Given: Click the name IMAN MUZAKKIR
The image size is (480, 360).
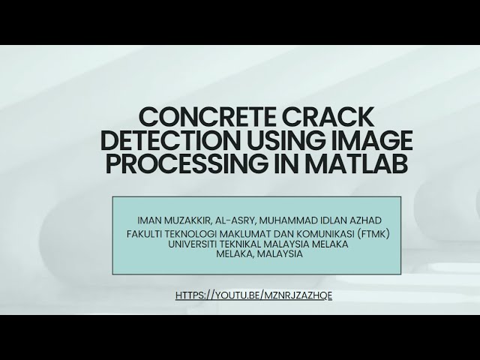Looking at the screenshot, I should [x=172, y=220].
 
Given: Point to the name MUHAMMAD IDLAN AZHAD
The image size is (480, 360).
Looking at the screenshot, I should [x=322, y=220].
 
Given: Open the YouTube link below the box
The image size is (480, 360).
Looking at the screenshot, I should [x=253, y=295].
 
